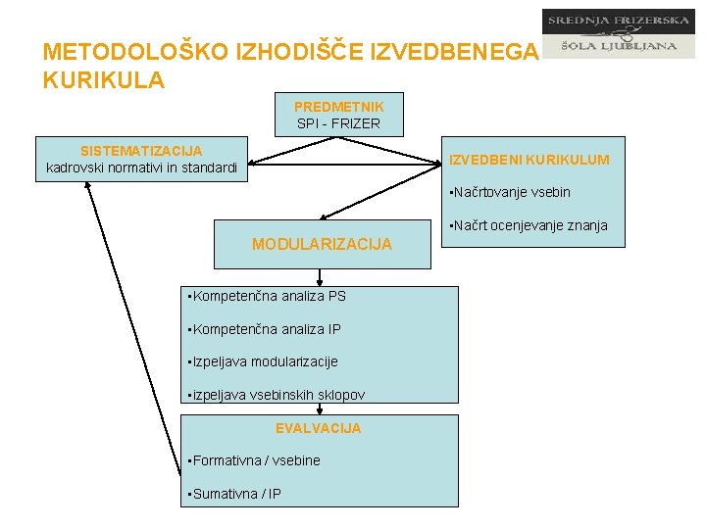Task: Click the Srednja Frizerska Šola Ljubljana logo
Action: point(618,34)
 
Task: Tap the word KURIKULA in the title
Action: point(104,80)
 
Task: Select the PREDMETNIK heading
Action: point(338,106)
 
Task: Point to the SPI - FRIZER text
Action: point(338,123)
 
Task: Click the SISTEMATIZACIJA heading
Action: point(141,151)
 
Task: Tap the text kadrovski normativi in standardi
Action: point(141,168)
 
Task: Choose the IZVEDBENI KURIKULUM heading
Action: point(529,160)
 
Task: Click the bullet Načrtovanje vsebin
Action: point(509,192)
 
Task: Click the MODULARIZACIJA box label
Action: point(322,244)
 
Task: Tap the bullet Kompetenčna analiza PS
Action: point(268,296)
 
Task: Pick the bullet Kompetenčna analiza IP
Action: point(266,329)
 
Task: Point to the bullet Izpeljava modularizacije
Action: point(263,361)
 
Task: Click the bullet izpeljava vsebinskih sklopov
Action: point(277,395)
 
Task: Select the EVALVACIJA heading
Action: point(318,428)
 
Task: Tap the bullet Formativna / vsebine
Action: point(255,460)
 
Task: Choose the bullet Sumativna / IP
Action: point(234,494)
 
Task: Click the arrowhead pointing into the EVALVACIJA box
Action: point(320,409)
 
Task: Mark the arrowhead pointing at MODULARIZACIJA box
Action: point(326,215)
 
